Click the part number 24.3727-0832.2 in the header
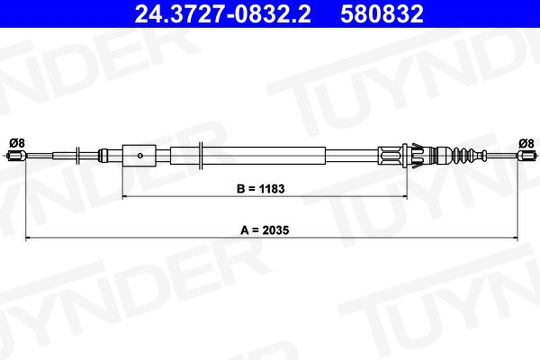tap(222, 14)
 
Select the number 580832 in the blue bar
tap(382, 14)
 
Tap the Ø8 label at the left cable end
tap(17, 143)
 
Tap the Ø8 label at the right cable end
tap(526, 143)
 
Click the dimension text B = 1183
tap(261, 189)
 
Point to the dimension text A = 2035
tap(264, 230)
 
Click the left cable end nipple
tap(17, 156)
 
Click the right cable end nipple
tap(527, 156)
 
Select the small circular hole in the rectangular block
tap(140, 156)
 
